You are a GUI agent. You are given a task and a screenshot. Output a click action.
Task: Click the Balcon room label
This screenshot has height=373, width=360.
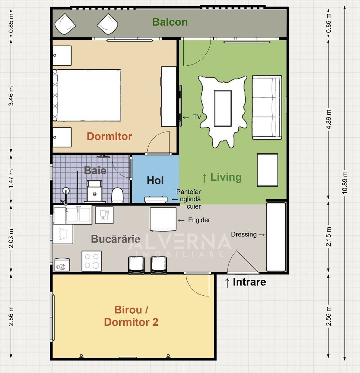tap(170, 22)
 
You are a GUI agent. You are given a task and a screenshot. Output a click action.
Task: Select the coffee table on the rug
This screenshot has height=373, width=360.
tap(222, 108)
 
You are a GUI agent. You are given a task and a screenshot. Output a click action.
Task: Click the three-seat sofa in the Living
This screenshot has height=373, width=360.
tap(266, 107)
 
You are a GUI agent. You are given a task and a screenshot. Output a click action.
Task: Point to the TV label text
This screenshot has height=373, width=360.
tap(197, 117)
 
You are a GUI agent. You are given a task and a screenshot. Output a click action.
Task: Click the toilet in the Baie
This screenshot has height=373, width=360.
tap(118, 195)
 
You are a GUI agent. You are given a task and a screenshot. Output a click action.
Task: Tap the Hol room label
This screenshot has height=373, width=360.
tap(155, 180)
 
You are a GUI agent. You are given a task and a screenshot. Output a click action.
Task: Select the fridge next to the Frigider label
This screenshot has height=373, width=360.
tap(163, 219)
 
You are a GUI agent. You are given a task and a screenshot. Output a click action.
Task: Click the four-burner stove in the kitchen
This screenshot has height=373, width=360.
tap(92, 261)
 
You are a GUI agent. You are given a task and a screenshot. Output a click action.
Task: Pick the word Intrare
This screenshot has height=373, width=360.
tap(249, 282)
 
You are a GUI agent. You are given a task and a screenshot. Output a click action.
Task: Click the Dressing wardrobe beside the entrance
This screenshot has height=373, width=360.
tap(276, 237)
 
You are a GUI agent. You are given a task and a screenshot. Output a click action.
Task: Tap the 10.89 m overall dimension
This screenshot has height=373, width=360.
tap(345, 183)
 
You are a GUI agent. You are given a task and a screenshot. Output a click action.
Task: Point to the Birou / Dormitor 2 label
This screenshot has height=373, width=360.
tap(131, 316)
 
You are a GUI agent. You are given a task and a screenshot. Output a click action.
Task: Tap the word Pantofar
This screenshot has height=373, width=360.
tap(188, 192)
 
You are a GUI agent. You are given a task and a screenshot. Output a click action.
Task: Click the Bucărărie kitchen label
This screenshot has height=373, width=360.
tap(116, 239)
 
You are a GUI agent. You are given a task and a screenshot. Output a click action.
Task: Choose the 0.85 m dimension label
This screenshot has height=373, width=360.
tap(11, 23)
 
